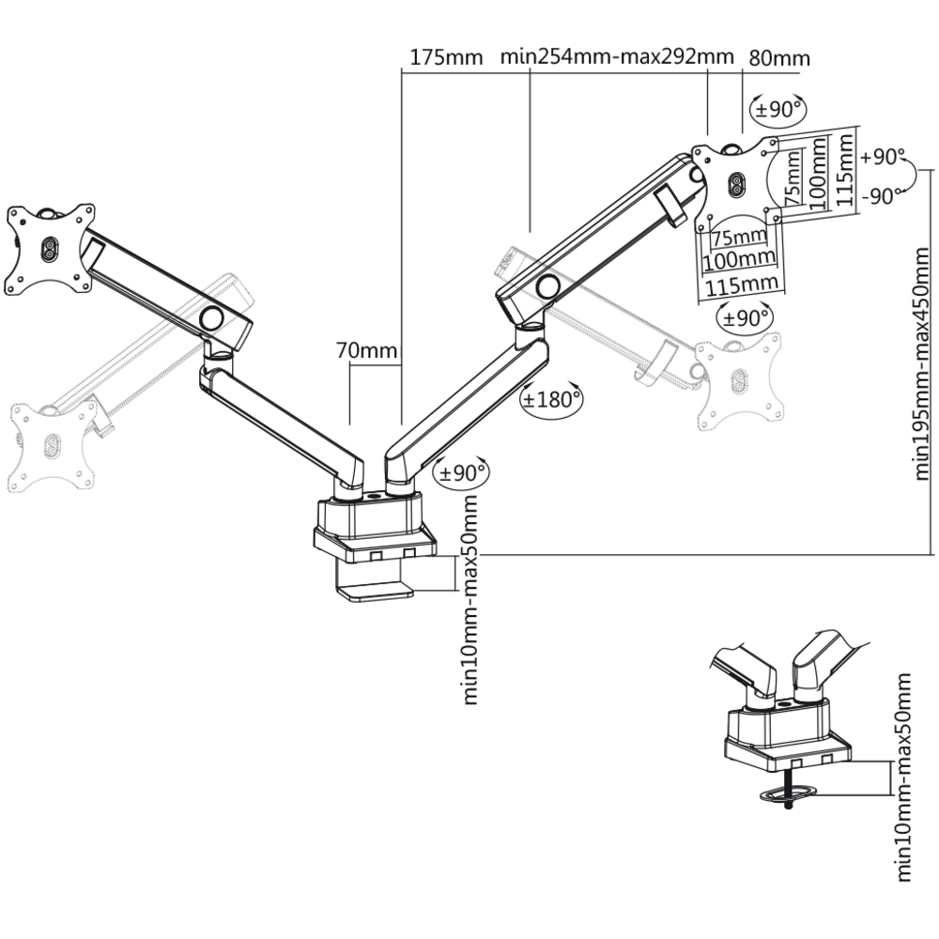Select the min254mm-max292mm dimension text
pyautogui.click(x=617, y=55)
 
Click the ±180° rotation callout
pyautogui.click(x=551, y=398)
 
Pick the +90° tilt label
pyautogui.click(x=882, y=158)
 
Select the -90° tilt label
pyautogui.click(x=882, y=196)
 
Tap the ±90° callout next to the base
pyautogui.click(x=460, y=472)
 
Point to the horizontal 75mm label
pyautogui.click(x=739, y=234)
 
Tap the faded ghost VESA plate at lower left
pyautogui.click(x=51, y=441)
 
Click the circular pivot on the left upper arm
pyautogui.click(x=213, y=318)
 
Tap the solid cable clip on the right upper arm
pyautogui.click(x=670, y=205)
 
